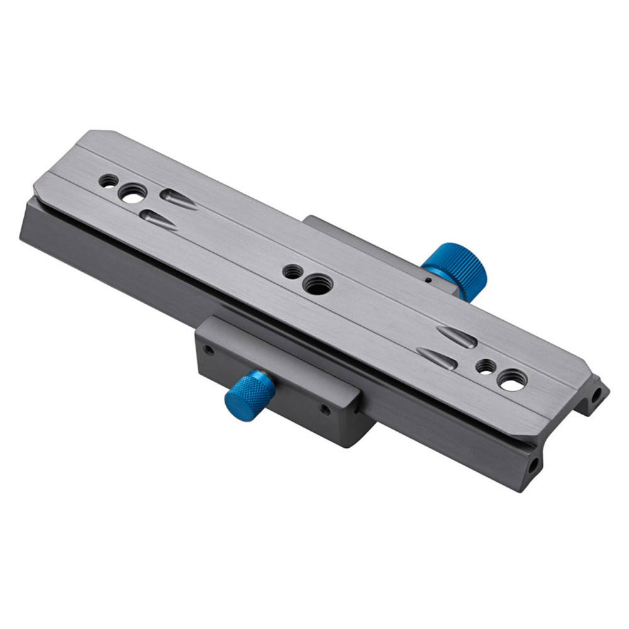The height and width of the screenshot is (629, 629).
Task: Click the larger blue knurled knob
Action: (x=455, y=267)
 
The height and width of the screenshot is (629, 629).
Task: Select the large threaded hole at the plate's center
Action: (x=313, y=284)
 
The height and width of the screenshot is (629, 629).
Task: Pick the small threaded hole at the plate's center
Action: (x=291, y=272)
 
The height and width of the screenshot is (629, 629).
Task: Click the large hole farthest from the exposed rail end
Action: (x=133, y=193)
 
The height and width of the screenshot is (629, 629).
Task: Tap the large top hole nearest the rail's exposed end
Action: (x=511, y=380)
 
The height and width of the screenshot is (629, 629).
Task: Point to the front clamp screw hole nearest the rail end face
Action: (x=325, y=409)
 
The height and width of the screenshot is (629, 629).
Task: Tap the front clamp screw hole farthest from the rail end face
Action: (x=208, y=350)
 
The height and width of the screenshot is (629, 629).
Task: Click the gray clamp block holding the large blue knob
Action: (x=365, y=245)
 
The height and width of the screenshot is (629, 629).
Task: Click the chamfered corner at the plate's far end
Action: (x=101, y=134)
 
